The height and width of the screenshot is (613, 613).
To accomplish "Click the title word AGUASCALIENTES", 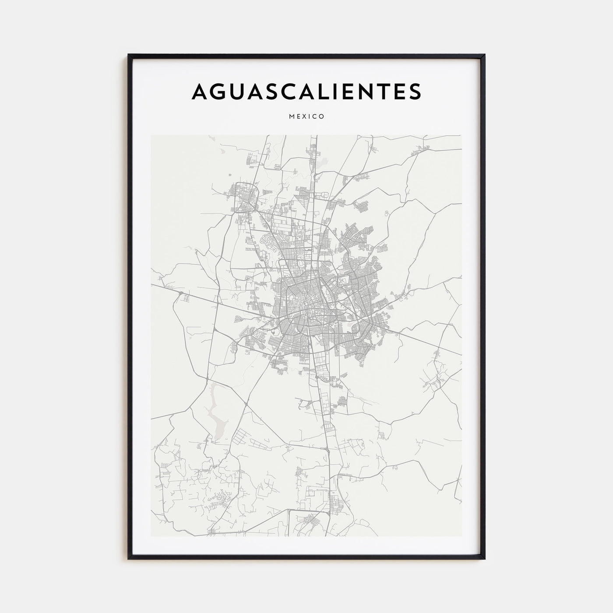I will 306,91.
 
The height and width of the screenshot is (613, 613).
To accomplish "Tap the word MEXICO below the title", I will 306,117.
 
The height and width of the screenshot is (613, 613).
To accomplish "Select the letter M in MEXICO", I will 292,117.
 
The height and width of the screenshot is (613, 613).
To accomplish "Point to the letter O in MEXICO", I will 322,117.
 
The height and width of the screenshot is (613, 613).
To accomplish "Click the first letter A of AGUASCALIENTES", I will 201,91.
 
